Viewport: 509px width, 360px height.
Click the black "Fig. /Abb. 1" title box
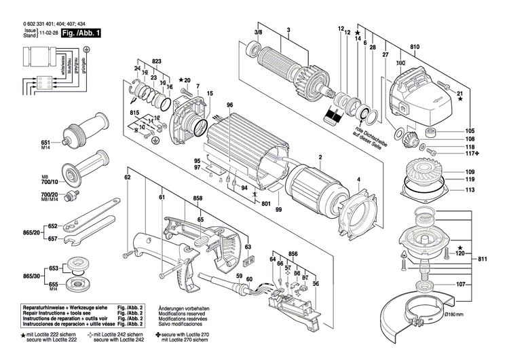[81, 33]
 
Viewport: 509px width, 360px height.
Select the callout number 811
[483, 260]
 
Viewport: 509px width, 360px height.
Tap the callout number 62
[127, 178]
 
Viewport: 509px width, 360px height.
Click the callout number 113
[470, 191]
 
